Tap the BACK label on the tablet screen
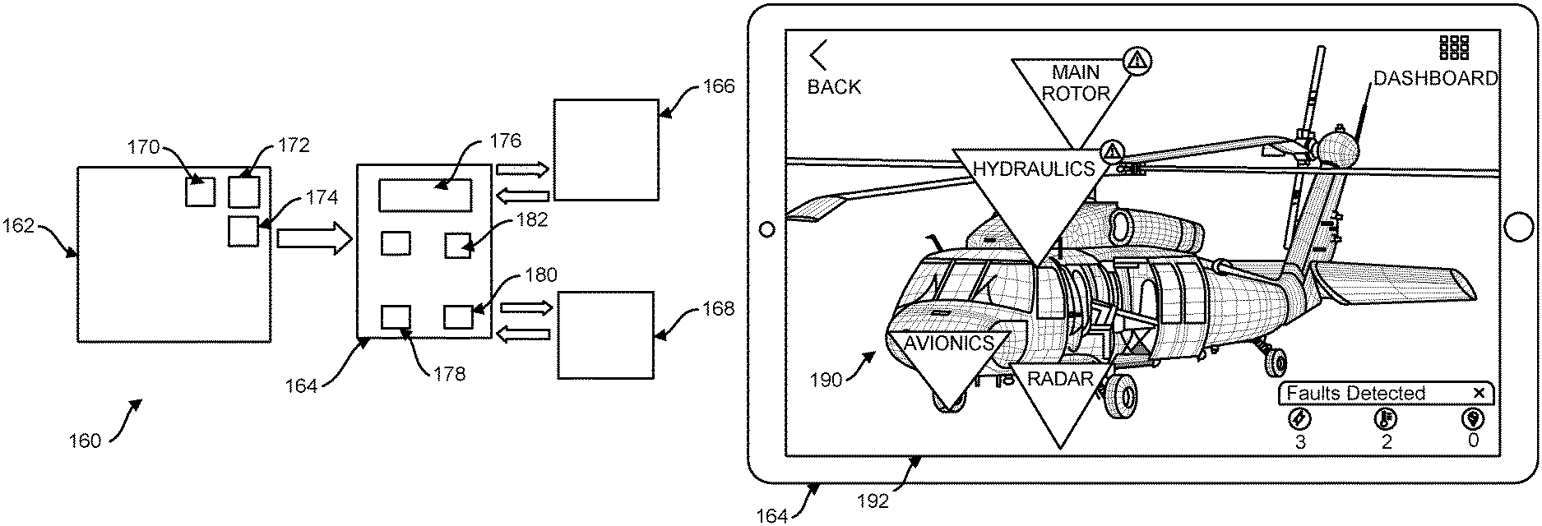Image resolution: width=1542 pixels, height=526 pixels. (834, 86)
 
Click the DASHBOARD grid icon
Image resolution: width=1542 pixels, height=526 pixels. (1454, 47)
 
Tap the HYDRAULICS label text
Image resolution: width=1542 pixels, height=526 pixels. (1034, 169)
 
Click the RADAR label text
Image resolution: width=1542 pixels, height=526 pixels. (1060, 378)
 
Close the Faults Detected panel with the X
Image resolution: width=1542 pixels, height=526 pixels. (1479, 393)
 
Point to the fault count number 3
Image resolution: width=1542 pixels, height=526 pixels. (1300, 442)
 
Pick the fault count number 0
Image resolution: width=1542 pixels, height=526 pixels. (1473, 441)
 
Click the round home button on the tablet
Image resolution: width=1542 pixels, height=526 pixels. (1520, 228)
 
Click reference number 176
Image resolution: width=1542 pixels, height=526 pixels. (505, 141)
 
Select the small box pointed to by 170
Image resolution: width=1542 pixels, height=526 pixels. (200, 191)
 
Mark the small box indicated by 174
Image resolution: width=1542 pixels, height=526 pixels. (243, 230)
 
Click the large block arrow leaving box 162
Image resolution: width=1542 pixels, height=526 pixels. (313, 238)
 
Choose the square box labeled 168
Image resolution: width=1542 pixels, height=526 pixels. (606, 335)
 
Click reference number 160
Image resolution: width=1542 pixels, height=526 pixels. (85, 441)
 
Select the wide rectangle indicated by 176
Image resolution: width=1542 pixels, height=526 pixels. (425, 196)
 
